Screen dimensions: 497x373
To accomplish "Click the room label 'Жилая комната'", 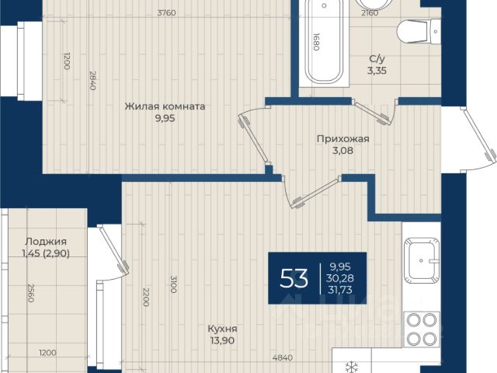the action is (165, 106).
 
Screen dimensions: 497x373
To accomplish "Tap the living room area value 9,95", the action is (165, 119).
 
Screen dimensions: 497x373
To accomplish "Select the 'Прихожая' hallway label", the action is (343, 139).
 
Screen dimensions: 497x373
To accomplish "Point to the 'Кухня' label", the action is (223, 329).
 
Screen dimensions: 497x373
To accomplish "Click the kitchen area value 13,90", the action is (223, 340).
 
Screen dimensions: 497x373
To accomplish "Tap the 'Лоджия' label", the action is (46, 242).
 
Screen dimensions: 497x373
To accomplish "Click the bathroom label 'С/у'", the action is (377, 59).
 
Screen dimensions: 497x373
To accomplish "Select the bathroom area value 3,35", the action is (377, 71).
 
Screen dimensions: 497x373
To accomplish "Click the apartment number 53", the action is (294, 278).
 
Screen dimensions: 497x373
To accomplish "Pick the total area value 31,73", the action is (340, 290).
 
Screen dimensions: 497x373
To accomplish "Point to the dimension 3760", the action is (167, 13).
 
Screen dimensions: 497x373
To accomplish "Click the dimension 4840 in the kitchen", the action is (283, 357).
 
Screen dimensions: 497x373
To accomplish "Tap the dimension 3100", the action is (173, 284).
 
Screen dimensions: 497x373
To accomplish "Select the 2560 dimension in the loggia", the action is (31, 293).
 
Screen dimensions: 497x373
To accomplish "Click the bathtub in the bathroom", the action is (324, 43).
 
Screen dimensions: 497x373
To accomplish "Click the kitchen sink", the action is (422, 260).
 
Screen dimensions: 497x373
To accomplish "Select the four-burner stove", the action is (422, 329).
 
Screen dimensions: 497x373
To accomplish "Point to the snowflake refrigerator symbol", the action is (351, 368).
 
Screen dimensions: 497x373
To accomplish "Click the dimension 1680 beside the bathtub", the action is (316, 42).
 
